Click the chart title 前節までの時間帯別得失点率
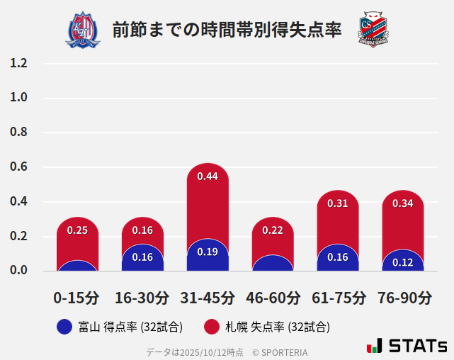coord(227,30)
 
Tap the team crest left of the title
coord(83,29)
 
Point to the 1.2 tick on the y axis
coord(18,64)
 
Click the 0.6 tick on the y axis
coord(18,167)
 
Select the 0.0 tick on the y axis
coord(18,271)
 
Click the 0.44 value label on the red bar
coord(208,176)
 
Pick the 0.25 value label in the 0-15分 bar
coord(77,230)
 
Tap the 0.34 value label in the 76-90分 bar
coord(402,203)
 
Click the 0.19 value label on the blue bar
coord(208,252)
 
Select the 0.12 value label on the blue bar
coord(402,262)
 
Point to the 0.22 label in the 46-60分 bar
coord(273,230)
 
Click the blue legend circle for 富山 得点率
coord(64,327)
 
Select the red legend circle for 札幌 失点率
coord(211,327)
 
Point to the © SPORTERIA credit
coord(280,352)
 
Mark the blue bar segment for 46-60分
coord(273,264)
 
